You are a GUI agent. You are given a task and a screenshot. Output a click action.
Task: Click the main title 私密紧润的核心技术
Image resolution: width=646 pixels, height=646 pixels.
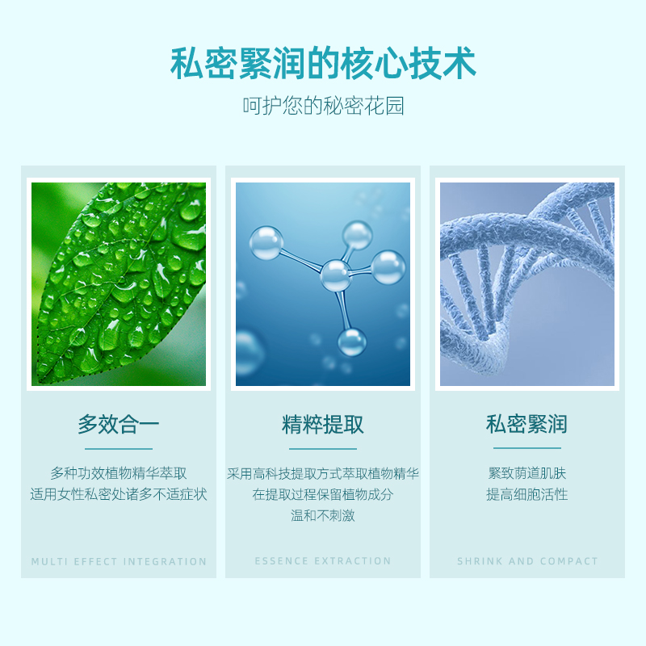coord(323,64)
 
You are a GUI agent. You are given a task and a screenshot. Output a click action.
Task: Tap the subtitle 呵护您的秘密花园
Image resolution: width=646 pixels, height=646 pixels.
coord(323,106)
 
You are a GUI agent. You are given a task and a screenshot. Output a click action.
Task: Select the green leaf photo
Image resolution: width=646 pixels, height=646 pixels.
coord(119,284)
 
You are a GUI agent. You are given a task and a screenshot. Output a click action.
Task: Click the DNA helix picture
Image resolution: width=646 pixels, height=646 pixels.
coord(527,284)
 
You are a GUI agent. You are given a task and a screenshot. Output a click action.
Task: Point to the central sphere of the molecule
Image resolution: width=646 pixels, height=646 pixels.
coord(336,275)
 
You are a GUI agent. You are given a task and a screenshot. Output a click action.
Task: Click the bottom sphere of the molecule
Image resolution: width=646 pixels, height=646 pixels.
coord(352,342)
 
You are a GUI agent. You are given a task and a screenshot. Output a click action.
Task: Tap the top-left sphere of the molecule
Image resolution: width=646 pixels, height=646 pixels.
coord(266,243)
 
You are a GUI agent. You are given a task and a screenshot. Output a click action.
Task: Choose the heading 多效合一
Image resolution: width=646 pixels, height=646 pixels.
coord(119,425)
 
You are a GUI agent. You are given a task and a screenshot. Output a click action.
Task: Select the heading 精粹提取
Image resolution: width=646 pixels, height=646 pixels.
coord(323,425)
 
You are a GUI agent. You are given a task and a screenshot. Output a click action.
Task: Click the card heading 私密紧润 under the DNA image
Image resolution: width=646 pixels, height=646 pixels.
coord(527,424)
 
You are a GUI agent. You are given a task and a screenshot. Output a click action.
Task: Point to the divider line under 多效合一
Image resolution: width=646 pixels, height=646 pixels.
coord(119,449)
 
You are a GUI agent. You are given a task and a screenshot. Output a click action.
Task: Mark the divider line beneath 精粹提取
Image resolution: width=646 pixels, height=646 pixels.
coord(323,449)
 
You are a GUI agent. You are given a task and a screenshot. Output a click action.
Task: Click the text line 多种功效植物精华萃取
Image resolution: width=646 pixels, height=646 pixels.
coord(119,473)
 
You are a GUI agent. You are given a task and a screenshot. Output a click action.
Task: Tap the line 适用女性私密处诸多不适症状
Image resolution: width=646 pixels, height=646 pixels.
coord(119,494)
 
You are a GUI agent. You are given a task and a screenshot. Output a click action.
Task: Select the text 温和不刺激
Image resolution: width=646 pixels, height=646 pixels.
coord(323,515)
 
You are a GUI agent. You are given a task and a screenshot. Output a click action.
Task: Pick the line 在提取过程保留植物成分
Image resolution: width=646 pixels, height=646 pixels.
coord(323,494)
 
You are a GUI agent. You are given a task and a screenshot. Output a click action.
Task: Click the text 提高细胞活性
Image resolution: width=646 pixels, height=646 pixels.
coord(527,494)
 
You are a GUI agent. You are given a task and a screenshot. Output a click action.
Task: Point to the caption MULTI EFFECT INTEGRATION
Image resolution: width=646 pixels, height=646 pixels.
coord(119,561)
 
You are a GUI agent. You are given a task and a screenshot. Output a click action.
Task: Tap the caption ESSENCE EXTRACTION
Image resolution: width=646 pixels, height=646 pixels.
coord(323,561)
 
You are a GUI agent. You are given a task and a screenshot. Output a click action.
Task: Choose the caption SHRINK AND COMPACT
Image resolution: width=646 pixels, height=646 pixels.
coord(527,561)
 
